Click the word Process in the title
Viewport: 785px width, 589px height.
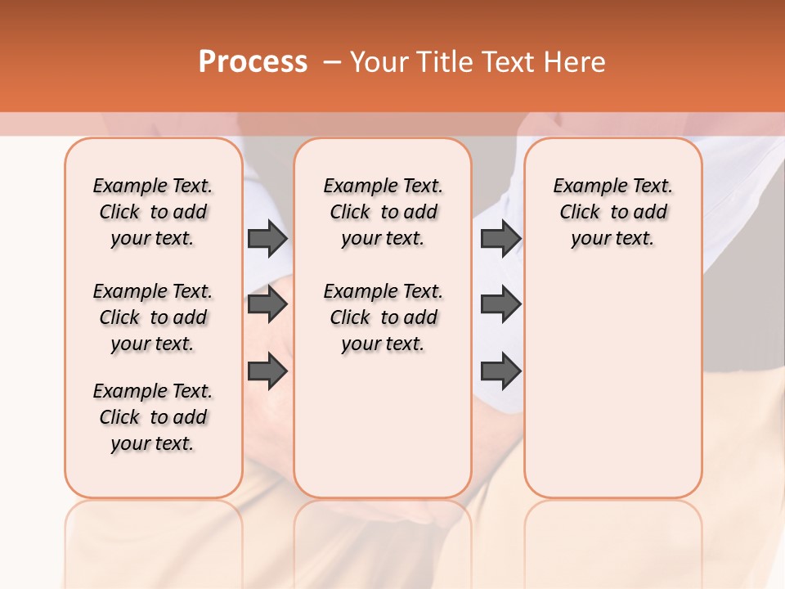point(253,62)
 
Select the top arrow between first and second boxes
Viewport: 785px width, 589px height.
point(267,239)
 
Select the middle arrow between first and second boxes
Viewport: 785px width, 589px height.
point(267,305)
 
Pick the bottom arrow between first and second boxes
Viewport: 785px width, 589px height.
point(267,371)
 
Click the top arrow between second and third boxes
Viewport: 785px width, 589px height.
point(501,239)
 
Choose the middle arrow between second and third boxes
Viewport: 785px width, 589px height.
point(501,305)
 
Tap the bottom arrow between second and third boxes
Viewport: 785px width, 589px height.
point(501,371)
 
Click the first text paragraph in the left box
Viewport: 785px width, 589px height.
point(153,212)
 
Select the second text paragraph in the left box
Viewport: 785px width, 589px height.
point(153,317)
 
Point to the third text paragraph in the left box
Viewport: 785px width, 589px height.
point(153,417)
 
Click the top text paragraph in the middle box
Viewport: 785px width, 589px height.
point(383,212)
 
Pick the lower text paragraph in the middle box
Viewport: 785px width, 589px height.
point(383,317)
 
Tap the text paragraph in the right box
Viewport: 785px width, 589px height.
point(612,212)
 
